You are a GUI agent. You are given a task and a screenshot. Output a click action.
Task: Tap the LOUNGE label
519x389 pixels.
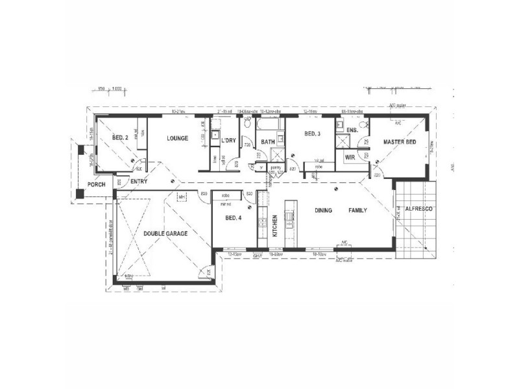176,138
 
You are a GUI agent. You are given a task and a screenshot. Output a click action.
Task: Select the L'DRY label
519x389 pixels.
228,141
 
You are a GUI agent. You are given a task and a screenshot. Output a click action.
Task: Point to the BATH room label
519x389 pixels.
268,141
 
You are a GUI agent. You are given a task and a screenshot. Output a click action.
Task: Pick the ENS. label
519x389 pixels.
352,130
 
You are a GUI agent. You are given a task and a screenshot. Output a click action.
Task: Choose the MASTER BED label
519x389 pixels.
399,141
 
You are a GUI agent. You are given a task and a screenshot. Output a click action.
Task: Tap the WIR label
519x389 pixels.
350,157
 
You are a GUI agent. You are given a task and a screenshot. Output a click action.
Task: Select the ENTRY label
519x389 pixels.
139,182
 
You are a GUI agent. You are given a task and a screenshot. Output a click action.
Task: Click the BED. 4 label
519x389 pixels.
234,218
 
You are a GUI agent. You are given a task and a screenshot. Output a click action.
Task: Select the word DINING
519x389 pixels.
324,210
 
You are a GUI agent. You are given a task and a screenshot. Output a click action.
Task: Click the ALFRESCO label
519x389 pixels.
418,209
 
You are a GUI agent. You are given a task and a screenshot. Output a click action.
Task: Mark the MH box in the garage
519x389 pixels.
182,196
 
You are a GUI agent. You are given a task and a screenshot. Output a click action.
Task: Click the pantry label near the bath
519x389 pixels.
274,167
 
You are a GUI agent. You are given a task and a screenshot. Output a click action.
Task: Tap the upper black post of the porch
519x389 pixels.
80,150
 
